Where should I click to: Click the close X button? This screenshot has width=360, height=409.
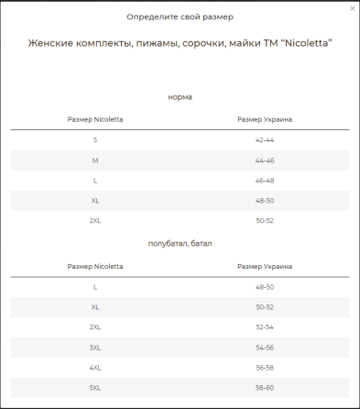pos(353,8)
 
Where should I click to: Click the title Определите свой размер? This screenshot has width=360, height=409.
pos(180,17)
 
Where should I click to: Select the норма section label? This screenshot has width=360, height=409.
pos(180,96)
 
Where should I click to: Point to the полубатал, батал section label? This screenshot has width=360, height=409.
pos(180,243)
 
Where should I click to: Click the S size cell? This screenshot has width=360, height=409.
pos(95,139)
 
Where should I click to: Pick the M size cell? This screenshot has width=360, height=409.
pos(95,160)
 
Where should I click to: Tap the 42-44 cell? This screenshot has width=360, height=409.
pos(265,139)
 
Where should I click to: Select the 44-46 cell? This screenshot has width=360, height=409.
pos(265,160)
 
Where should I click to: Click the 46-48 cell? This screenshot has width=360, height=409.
pos(265,181)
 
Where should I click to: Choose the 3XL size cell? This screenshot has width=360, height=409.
pos(95,348)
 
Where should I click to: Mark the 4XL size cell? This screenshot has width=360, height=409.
pos(95,368)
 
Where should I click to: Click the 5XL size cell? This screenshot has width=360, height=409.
pos(95,388)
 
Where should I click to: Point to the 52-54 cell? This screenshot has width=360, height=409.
pos(265,327)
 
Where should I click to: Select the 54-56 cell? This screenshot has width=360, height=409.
pos(265,348)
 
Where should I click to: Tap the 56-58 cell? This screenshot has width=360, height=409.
pos(265,368)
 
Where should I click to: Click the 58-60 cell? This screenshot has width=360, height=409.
pos(265,388)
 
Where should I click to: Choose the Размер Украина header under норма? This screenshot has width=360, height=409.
pos(265,119)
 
